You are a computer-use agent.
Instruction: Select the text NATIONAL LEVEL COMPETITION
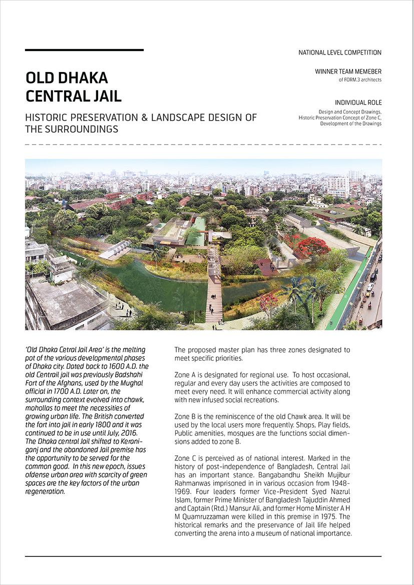[340, 53]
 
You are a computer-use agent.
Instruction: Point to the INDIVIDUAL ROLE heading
[358, 103]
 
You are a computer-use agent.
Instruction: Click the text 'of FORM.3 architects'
[360, 80]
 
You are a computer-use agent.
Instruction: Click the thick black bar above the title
[84, 50]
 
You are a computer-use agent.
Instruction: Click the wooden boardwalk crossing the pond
[214, 295]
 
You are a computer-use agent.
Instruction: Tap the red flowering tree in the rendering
[313, 246]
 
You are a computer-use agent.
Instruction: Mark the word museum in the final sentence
[265, 533]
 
